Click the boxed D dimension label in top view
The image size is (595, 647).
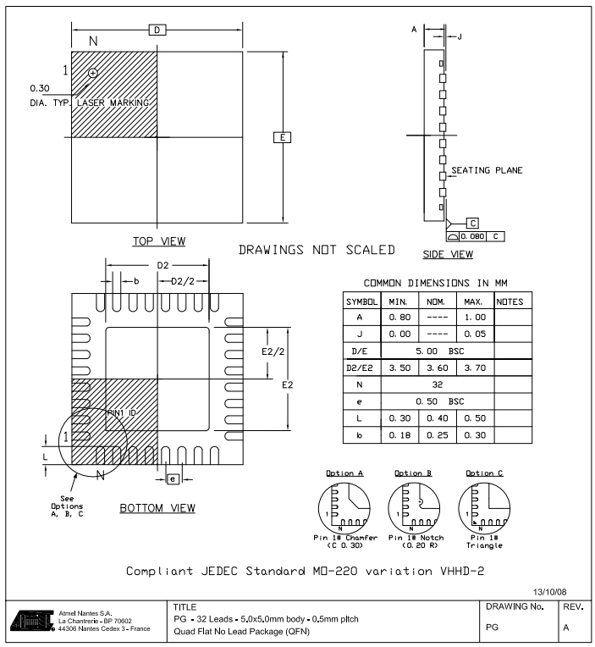click(x=157, y=30)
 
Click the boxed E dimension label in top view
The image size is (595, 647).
click(x=283, y=137)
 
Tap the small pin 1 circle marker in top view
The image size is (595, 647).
click(x=92, y=74)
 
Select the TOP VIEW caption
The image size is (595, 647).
click(x=158, y=241)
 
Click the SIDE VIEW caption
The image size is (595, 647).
click(x=447, y=254)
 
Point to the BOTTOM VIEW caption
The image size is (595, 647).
click(x=157, y=508)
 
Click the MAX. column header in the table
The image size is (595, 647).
click(x=474, y=301)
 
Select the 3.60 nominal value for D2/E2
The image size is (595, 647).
click(x=437, y=369)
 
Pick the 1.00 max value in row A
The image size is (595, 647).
click(x=474, y=318)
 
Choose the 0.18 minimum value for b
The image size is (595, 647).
click(x=399, y=434)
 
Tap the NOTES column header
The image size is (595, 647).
click(x=510, y=301)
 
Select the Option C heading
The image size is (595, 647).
click(x=484, y=473)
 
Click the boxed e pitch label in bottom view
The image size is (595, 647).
click(x=173, y=479)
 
